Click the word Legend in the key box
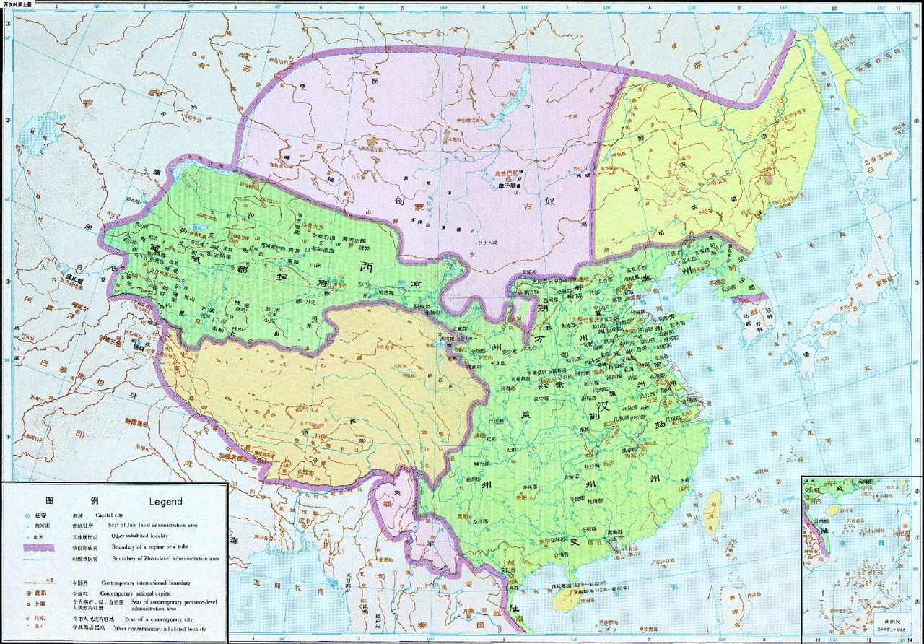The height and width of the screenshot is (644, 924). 165,501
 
